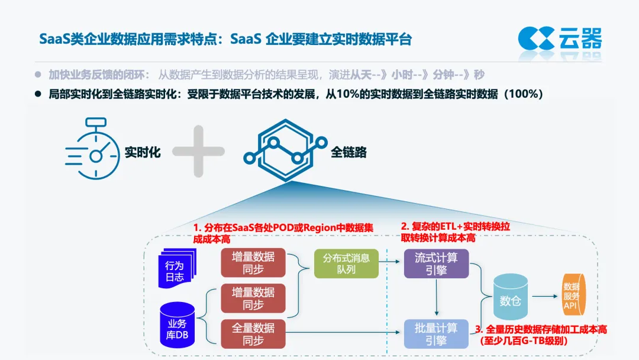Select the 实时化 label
(x=143, y=152)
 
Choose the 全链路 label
(x=348, y=152)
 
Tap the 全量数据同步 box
(x=253, y=333)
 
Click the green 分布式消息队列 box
(x=346, y=263)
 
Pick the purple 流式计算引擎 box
(x=436, y=263)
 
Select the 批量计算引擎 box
(x=436, y=334)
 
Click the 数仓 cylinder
(x=510, y=301)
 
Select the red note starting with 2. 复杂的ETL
(x=455, y=232)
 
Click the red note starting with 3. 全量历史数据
(x=541, y=335)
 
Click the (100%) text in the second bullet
(x=523, y=94)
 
